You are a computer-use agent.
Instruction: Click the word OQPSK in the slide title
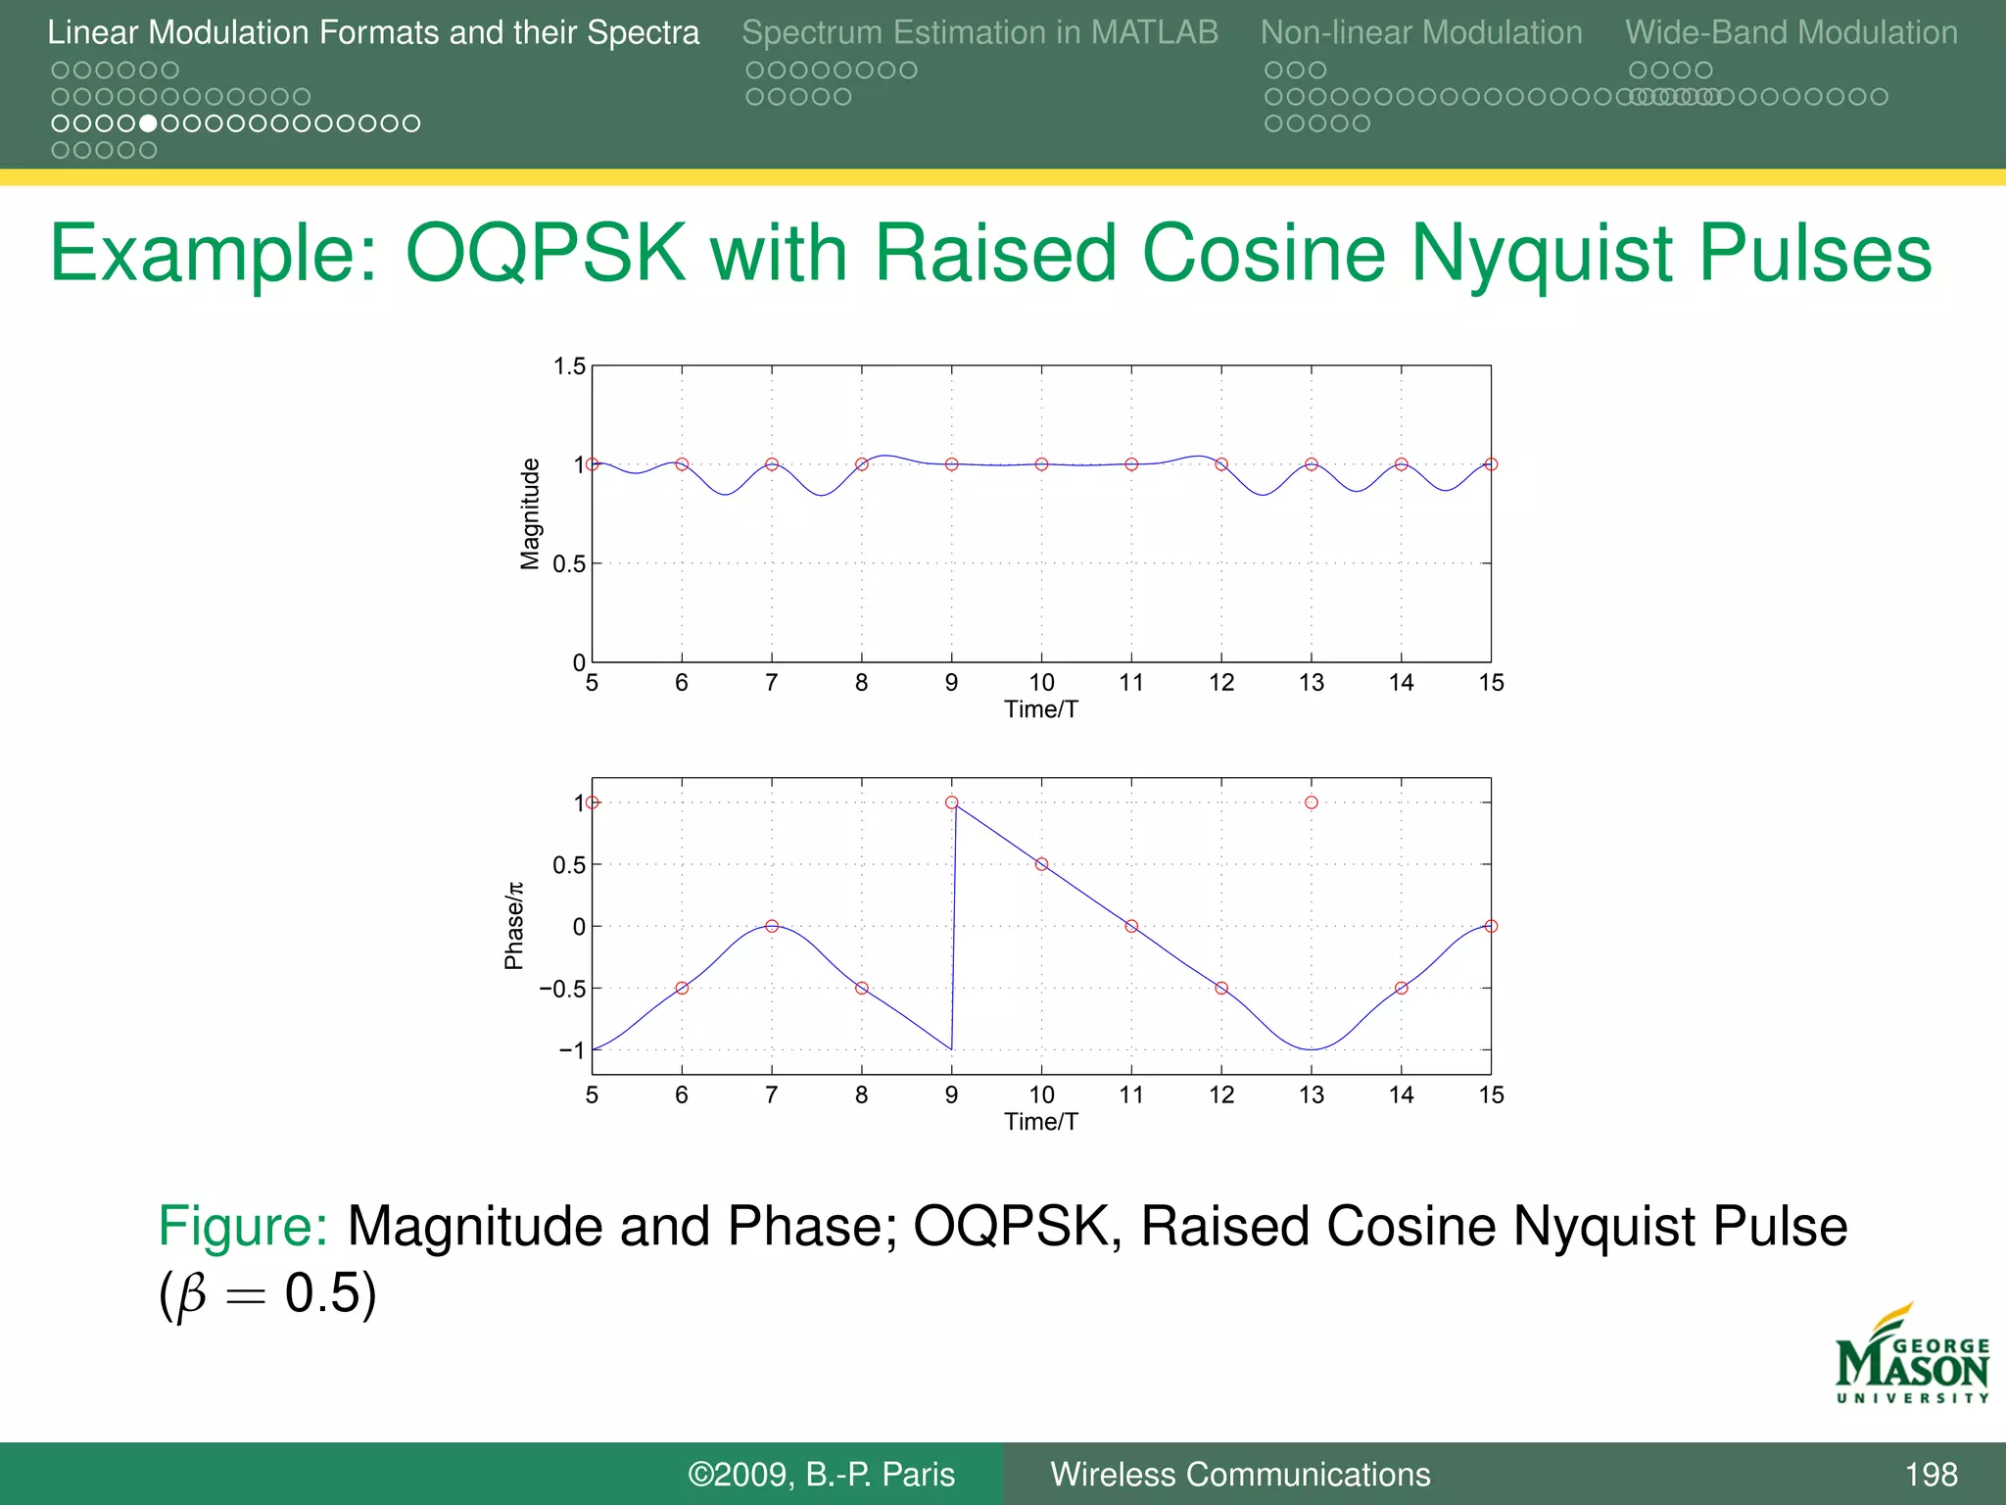pos(545,253)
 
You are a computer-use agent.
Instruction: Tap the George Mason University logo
pos(1912,1356)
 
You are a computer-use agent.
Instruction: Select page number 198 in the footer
pos(1931,1475)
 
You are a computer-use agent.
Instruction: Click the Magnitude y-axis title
pos(530,513)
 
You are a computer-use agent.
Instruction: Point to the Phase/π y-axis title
pos(514,926)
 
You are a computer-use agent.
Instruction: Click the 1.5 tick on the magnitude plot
pos(569,366)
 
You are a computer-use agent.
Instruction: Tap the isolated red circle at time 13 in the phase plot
pos(1312,802)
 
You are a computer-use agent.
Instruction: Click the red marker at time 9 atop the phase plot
pos(952,802)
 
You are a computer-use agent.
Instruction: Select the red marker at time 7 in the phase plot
pos(772,926)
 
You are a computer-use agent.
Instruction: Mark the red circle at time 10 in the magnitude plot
pos(1041,464)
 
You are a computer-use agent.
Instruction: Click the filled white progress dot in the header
pos(148,123)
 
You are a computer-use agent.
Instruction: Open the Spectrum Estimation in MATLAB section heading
pos(979,32)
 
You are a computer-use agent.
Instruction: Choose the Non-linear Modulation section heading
pos(1421,32)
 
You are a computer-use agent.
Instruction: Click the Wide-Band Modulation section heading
pos(1791,32)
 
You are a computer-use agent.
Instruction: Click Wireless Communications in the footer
pos(1240,1475)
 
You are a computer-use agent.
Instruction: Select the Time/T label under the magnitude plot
pos(1041,709)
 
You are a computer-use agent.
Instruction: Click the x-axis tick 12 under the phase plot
pos(1221,1094)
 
